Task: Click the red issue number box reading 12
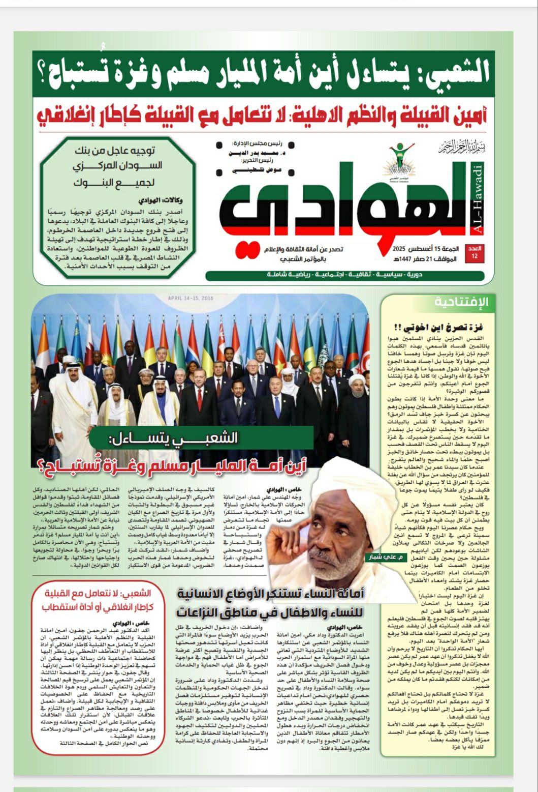[x=477, y=253]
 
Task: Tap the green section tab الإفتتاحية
[x=461, y=302]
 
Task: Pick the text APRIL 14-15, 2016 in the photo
[x=191, y=298]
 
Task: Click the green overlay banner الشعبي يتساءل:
[x=201, y=438]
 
